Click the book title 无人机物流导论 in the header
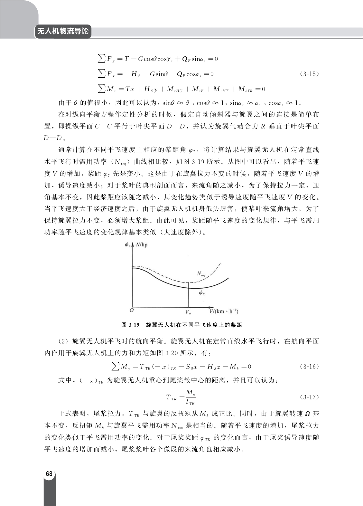[x=63, y=32]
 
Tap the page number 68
[x=49, y=474]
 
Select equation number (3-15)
[x=309, y=74]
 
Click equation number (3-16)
[x=309, y=367]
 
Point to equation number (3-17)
[x=309, y=397]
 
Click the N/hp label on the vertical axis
[x=142, y=245]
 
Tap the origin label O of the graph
[x=131, y=310]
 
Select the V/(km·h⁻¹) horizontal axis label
[x=224, y=311]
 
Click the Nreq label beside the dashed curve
[x=201, y=274]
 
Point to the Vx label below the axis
[x=188, y=312]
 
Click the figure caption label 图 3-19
[x=130, y=325]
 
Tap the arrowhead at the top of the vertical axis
[x=133, y=245]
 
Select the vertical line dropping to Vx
[x=188, y=295]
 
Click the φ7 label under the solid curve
[x=201, y=293]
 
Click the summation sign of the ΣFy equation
[x=102, y=58]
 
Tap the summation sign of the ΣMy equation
[x=115, y=366]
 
